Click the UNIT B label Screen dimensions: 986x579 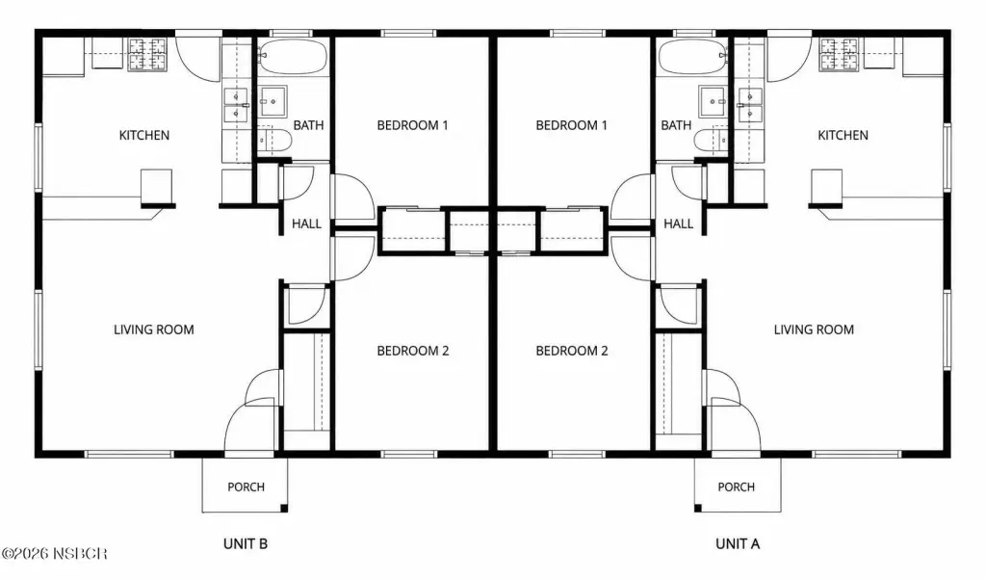246,543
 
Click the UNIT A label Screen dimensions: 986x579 738,543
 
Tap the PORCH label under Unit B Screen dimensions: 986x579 246,487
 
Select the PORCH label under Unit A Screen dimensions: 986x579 737,487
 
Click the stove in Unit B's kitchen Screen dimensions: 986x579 147,54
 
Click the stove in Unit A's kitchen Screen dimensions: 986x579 839,54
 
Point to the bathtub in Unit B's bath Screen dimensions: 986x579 293,57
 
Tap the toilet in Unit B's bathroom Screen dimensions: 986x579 275,141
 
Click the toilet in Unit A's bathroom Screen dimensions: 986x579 712,141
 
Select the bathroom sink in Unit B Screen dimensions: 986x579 272,101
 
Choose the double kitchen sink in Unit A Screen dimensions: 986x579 750,104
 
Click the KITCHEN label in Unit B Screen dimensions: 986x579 144,135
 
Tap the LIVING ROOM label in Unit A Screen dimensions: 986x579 814,329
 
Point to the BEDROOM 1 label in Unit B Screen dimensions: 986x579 412,125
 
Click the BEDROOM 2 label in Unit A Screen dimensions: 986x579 572,352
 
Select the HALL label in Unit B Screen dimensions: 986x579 306,224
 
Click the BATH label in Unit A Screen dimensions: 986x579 676,125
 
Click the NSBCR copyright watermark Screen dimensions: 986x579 54,554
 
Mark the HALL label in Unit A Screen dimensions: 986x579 679,224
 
